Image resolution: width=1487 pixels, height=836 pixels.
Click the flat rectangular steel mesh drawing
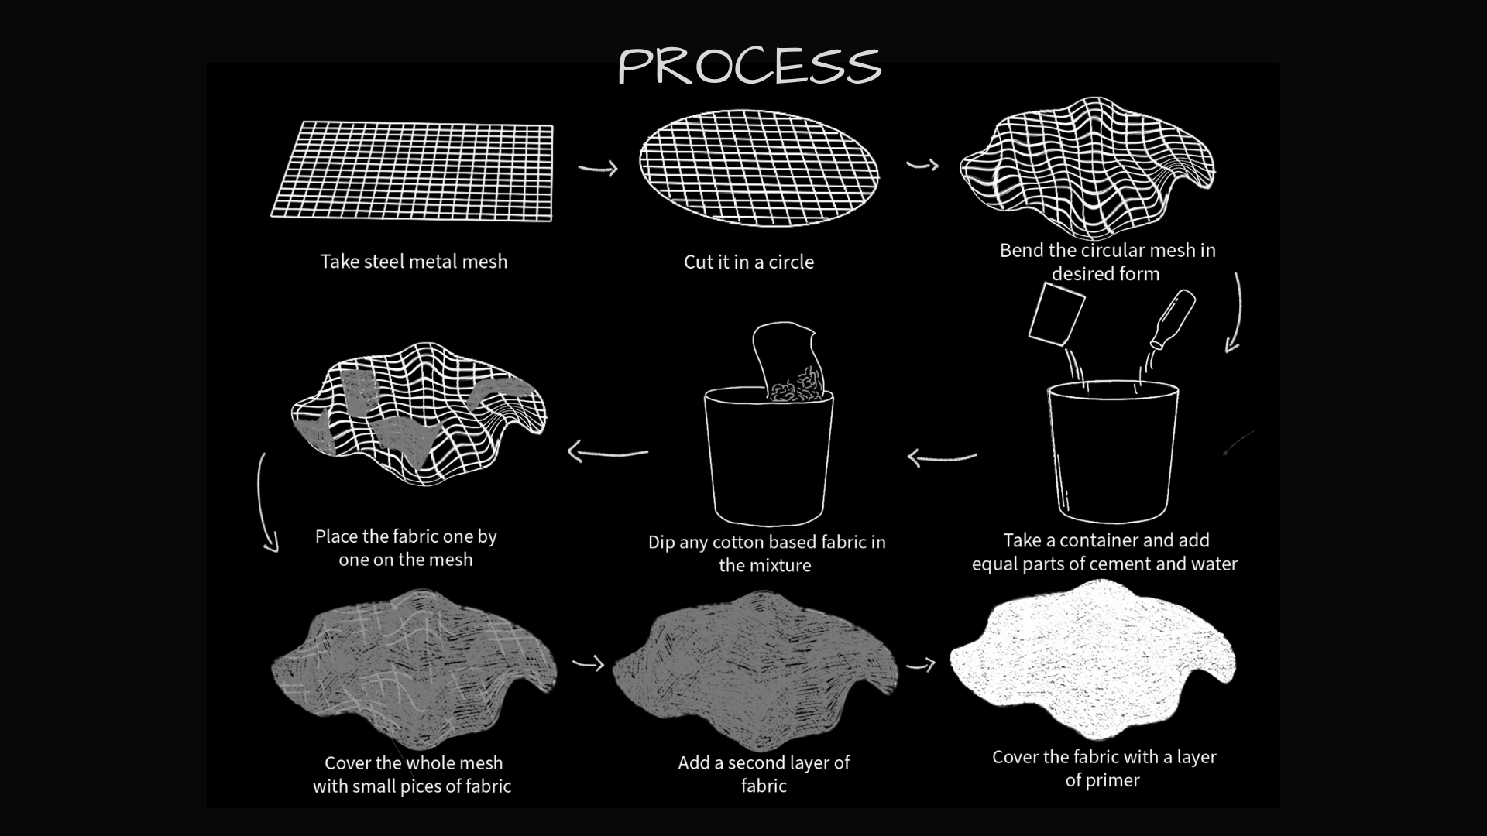click(x=412, y=171)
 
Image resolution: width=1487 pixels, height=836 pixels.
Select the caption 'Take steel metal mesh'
click(x=414, y=262)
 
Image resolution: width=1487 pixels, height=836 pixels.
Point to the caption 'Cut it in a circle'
click(x=748, y=262)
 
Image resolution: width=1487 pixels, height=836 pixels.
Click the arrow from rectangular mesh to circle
click(x=598, y=167)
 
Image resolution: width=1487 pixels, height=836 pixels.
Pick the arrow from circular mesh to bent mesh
click(x=922, y=164)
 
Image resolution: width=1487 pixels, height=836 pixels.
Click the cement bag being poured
click(x=1056, y=314)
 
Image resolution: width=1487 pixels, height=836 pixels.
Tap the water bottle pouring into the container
click(x=1172, y=319)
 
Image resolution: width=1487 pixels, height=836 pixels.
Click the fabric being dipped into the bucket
click(x=787, y=363)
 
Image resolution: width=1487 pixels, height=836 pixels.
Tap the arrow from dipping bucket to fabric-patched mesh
click(x=607, y=451)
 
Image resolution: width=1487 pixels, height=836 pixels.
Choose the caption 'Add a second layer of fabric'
click(x=764, y=774)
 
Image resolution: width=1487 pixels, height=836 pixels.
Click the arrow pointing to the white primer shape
click(x=920, y=664)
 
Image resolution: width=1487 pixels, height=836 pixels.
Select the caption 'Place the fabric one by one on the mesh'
click(x=406, y=548)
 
